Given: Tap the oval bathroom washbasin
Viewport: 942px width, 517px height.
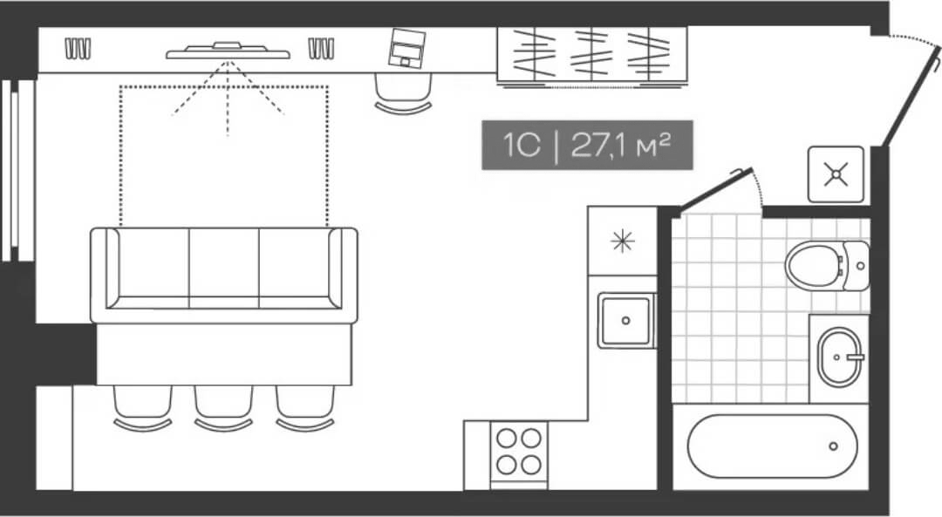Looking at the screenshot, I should [840, 355].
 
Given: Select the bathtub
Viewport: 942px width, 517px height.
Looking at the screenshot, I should [772, 446].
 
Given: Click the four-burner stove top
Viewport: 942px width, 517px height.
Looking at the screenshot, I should [518, 451].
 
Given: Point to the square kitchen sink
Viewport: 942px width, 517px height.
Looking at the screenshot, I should [625, 320].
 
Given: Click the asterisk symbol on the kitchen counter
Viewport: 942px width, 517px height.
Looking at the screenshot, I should [622, 241].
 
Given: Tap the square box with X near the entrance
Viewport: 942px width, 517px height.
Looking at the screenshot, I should [836, 174].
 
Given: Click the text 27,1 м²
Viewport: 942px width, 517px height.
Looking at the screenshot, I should [620, 145].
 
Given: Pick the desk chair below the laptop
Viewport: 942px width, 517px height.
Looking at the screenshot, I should [403, 92].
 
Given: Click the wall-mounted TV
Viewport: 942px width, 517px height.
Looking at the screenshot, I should [228, 51].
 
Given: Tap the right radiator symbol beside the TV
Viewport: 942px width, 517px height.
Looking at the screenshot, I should [321, 49].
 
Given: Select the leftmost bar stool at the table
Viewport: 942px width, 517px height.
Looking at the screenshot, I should [142, 406].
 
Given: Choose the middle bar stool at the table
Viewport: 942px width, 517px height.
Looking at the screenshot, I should [223, 406].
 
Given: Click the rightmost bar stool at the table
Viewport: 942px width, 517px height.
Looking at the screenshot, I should [305, 406].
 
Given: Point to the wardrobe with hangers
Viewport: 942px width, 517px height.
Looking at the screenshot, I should [592, 54].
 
